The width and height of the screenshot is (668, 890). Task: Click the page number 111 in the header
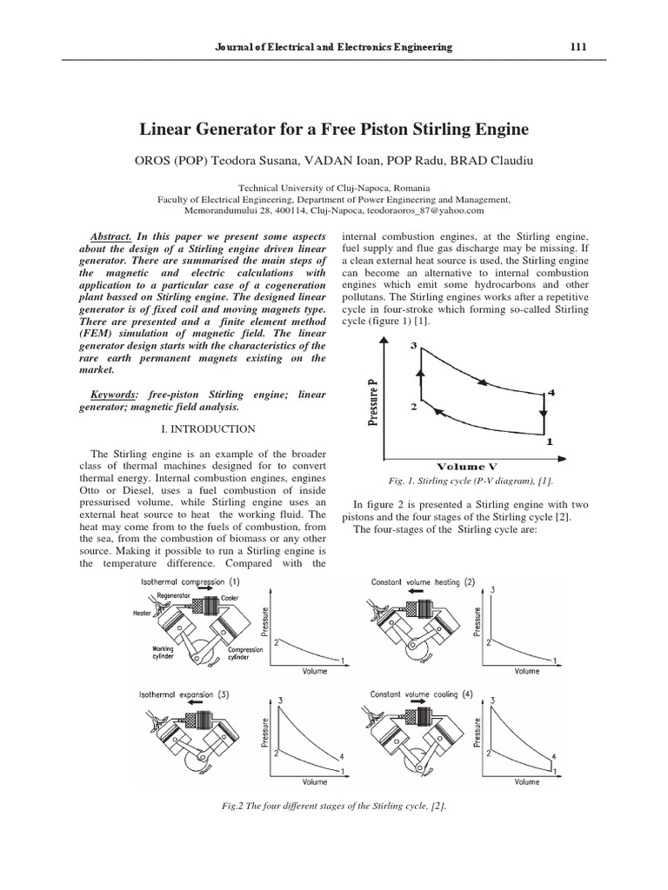point(577,47)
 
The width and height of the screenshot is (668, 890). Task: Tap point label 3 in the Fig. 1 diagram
point(413,348)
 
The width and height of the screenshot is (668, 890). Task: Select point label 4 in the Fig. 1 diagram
point(551,394)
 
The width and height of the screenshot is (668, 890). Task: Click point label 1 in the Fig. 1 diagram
point(549,442)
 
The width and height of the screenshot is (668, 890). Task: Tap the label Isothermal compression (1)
point(189,581)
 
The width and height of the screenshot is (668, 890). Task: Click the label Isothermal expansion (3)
point(184,694)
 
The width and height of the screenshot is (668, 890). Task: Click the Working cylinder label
point(164,652)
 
